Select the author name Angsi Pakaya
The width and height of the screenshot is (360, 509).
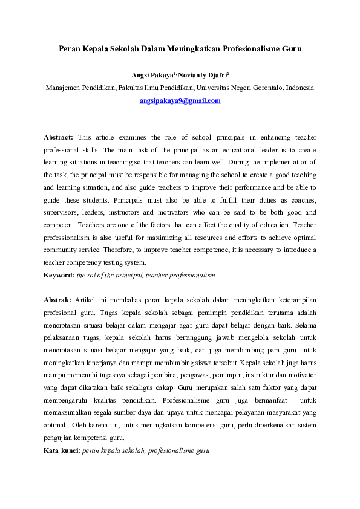pos(152,76)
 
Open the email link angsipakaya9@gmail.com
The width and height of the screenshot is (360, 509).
pos(180,101)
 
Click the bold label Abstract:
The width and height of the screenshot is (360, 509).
pos(59,137)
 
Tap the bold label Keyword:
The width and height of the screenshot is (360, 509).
pos(59,275)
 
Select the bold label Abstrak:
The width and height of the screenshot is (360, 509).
pos(57,300)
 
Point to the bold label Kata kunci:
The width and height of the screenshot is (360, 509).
pos(61,450)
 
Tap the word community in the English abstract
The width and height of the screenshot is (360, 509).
pos(62,250)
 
